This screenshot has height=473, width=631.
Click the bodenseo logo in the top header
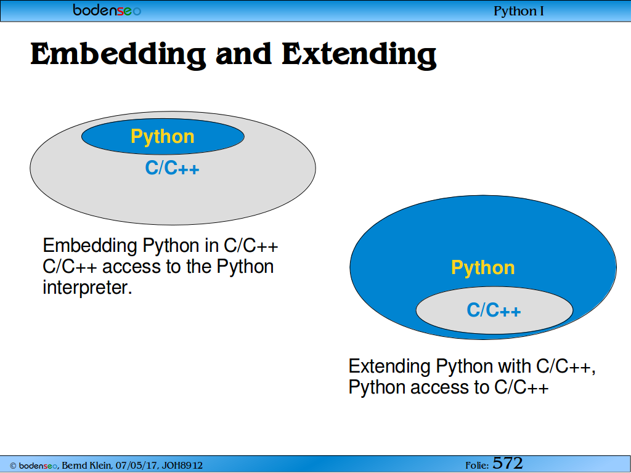pyautogui.click(x=107, y=10)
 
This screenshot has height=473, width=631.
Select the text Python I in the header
pyautogui.click(x=518, y=11)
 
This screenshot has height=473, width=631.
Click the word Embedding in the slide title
pyautogui.click(x=118, y=55)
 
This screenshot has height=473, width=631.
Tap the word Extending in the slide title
pyautogui.click(x=359, y=55)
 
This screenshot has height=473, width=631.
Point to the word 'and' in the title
pyautogui.click(x=243, y=54)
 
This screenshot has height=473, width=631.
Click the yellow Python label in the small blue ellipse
pyautogui.click(x=163, y=137)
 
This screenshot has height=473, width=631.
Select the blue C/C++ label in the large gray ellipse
pyautogui.click(x=173, y=168)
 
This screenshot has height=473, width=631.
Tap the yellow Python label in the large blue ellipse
pyautogui.click(x=483, y=268)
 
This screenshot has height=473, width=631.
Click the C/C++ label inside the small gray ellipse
pyautogui.click(x=494, y=310)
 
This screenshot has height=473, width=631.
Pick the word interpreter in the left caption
pyautogui.click(x=88, y=287)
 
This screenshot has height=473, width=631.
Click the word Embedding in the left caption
pyautogui.click(x=90, y=246)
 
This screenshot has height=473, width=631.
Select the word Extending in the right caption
pyautogui.click(x=389, y=366)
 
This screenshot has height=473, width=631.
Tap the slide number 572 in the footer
pyautogui.click(x=508, y=463)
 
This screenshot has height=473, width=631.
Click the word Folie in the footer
pyautogui.click(x=477, y=466)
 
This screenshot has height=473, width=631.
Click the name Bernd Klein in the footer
pyautogui.click(x=86, y=466)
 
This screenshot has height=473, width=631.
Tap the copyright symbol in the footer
pyautogui.click(x=13, y=466)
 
